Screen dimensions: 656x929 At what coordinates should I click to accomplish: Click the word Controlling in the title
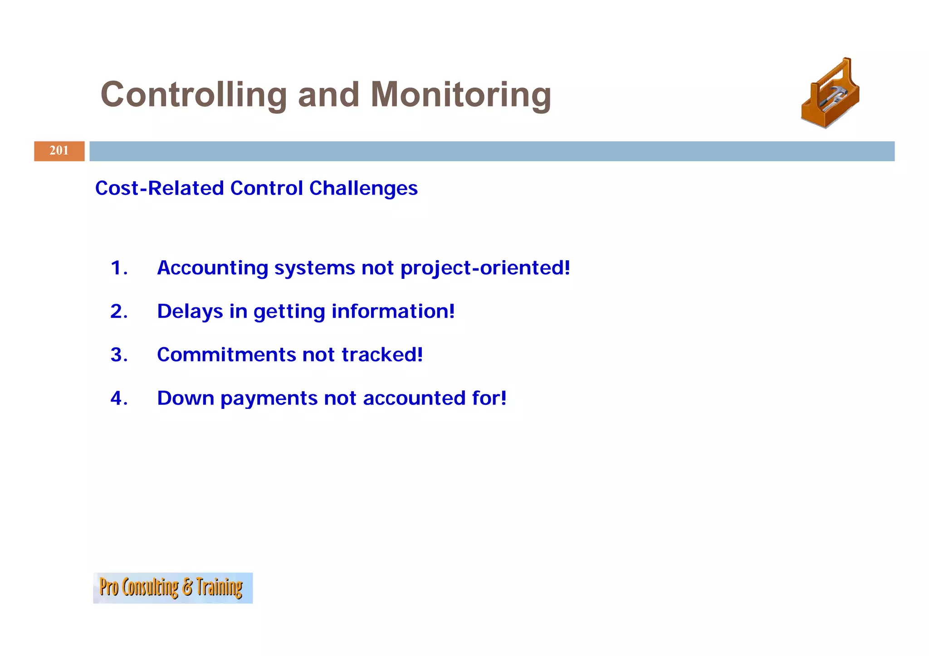coord(194,95)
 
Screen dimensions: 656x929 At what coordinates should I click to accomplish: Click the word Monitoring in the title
coord(460,95)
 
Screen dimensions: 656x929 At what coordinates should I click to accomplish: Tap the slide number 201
coord(59,151)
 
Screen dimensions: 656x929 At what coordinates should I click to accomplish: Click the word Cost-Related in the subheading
coord(159,188)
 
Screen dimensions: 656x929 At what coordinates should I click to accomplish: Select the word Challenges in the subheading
coord(363,188)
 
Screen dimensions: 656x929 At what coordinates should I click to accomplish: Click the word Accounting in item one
coord(212,268)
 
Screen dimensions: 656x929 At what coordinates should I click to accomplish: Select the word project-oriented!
coord(485,268)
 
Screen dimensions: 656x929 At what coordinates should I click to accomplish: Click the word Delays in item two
coord(190,311)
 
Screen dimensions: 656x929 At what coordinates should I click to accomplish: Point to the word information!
coord(393,311)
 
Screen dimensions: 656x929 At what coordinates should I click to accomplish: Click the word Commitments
coord(226,355)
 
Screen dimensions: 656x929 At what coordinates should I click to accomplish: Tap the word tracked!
coord(382,355)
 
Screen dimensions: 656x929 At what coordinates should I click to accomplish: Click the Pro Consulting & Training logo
coord(172,588)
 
